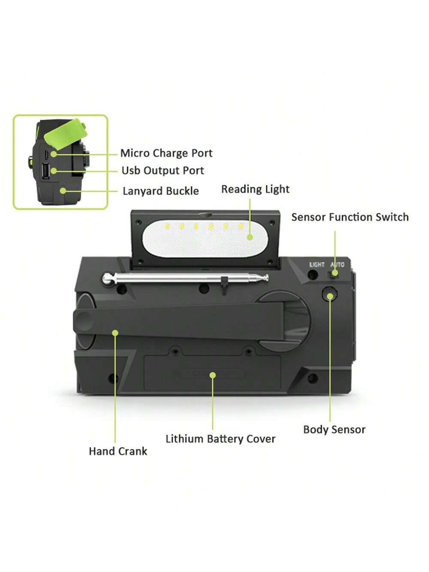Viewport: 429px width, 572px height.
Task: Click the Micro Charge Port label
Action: tap(166, 153)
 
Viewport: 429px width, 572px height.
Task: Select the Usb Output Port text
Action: tap(163, 171)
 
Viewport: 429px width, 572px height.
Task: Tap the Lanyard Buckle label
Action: tap(161, 191)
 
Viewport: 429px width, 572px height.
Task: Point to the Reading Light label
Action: tap(255, 189)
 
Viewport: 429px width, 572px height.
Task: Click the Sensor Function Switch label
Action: tap(350, 217)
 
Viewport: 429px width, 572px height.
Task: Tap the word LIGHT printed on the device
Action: tap(317, 265)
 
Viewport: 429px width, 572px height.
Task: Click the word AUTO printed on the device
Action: tap(337, 265)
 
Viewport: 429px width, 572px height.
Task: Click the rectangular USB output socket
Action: tap(45, 171)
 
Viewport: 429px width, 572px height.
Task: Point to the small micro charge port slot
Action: tap(46, 155)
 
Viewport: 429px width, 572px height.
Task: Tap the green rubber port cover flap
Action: tap(65, 133)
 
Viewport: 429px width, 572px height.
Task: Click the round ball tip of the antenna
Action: tap(107, 278)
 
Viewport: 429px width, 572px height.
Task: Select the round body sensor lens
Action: tap(329, 294)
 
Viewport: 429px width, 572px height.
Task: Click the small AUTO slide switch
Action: tap(332, 274)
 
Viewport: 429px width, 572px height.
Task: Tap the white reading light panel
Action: tap(205, 239)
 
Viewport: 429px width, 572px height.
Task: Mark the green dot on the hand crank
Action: tap(115, 333)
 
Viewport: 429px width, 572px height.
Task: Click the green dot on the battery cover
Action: tap(213, 375)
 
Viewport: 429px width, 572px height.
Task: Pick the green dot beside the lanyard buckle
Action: tap(63, 191)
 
